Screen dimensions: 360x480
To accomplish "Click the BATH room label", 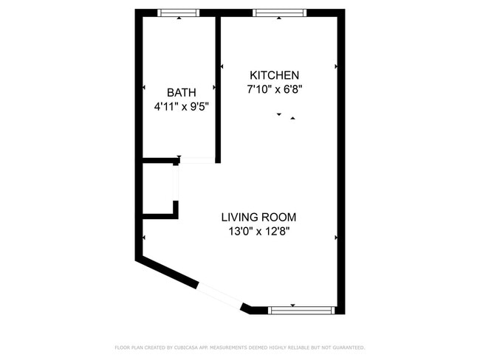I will (x=181, y=92).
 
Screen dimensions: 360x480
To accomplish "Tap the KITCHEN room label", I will (x=274, y=75).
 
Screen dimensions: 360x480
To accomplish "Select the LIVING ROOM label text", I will (x=258, y=217).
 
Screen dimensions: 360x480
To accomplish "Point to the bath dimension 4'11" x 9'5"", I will (x=181, y=106).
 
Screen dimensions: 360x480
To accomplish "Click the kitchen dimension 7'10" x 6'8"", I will (x=275, y=89).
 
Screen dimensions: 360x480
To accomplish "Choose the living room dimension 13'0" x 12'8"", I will (x=258, y=231).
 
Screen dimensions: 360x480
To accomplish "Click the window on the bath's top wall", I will (x=179, y=13).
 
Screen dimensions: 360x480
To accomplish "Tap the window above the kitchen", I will (x=279, y=13).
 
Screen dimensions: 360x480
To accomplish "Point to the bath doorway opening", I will (x=198, y=160).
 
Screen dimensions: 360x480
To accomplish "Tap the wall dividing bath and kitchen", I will (x=218, y=89).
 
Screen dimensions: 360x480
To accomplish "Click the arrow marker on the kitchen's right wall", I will (x=337, y=67).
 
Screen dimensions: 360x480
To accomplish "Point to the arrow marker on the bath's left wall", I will (x=144, y=89).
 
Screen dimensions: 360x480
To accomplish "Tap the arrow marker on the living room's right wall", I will (x=337, y=238).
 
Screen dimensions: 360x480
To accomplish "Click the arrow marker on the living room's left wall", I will (x=144, y=238).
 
